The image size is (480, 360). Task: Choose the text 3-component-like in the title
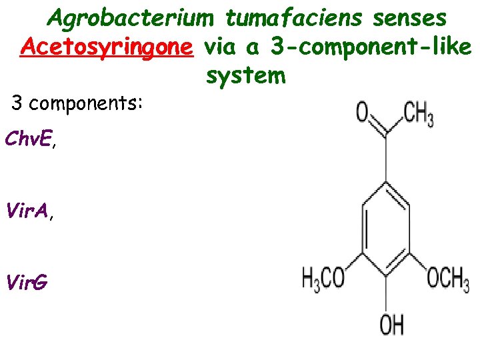(x=371, y=47)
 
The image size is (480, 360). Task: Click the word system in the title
(x=245, y=75)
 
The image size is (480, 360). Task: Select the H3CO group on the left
(x=323, y=277)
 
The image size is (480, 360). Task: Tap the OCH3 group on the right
(x=447, y=277)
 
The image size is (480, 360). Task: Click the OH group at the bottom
(x=391, y=325)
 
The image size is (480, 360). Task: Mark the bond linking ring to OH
(x=386, y=290)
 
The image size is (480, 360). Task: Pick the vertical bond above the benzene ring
(x=386, y=159)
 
